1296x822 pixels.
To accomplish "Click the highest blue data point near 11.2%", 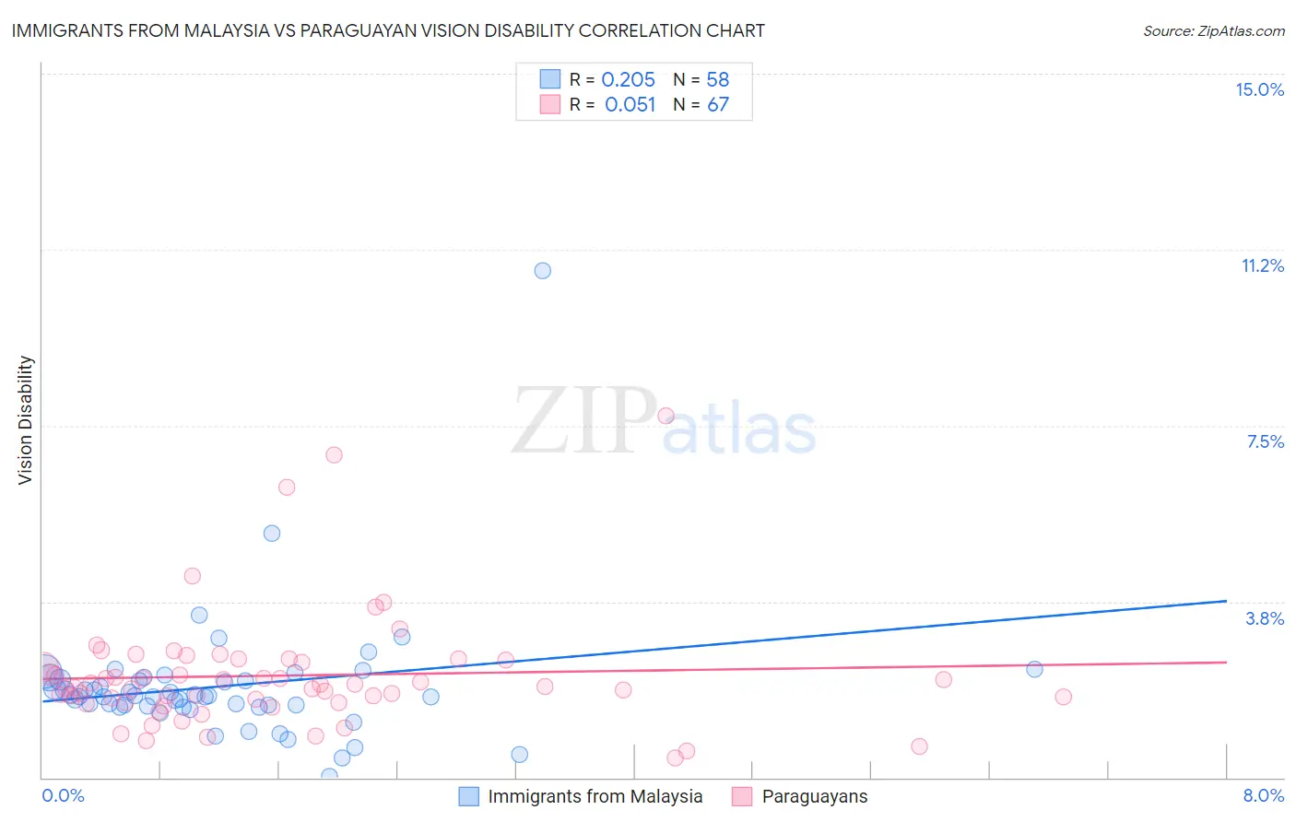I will tap(543, 271).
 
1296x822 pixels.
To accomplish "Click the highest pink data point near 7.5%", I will tap(666, 416).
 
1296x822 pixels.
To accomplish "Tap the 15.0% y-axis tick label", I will tap(1259, 89).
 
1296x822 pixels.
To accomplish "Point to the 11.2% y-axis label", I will tap(1262, 265).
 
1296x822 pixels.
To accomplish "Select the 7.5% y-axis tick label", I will tap(1265, 441).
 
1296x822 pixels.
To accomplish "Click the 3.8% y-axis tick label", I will tap(1265, 618).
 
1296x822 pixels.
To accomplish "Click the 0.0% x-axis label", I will tap(63, 795).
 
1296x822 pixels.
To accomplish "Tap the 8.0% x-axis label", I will tap(1263, 795).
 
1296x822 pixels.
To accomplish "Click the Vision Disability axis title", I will tap(26, 420).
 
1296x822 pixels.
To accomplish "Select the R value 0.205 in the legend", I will tap(628, 80).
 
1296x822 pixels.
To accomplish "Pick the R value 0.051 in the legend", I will tap(630, 105).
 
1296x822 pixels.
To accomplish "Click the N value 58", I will tap(718, 80).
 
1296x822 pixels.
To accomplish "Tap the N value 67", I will tap(718, 105).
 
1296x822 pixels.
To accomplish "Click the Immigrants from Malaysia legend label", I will tap(595, 796).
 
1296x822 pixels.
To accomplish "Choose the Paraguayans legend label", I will tap(815, 796).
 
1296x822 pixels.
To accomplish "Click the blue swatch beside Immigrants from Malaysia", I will tap(469, 796).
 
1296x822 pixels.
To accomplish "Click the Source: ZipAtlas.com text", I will tap(1213, 31).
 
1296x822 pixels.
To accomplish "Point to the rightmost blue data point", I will tap(1034, 669).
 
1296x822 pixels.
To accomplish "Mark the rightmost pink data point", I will tap(1063, 697).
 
